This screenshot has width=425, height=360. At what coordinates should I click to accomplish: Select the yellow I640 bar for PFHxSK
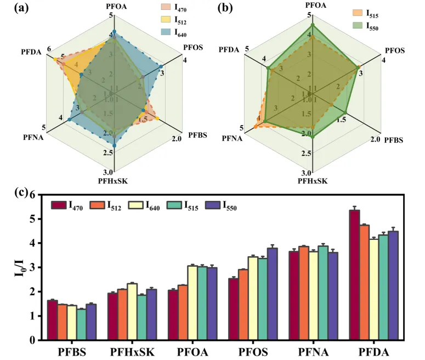[x=132, y=312]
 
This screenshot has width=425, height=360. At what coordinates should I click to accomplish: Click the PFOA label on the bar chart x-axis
[x=192, y=350]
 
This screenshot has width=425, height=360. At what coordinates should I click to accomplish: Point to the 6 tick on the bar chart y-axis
[x=38, y=195]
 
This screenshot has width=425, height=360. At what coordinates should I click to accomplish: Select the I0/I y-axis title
[x=20, y=267]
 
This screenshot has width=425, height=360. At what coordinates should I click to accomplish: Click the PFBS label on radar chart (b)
[x=393, y=140]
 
